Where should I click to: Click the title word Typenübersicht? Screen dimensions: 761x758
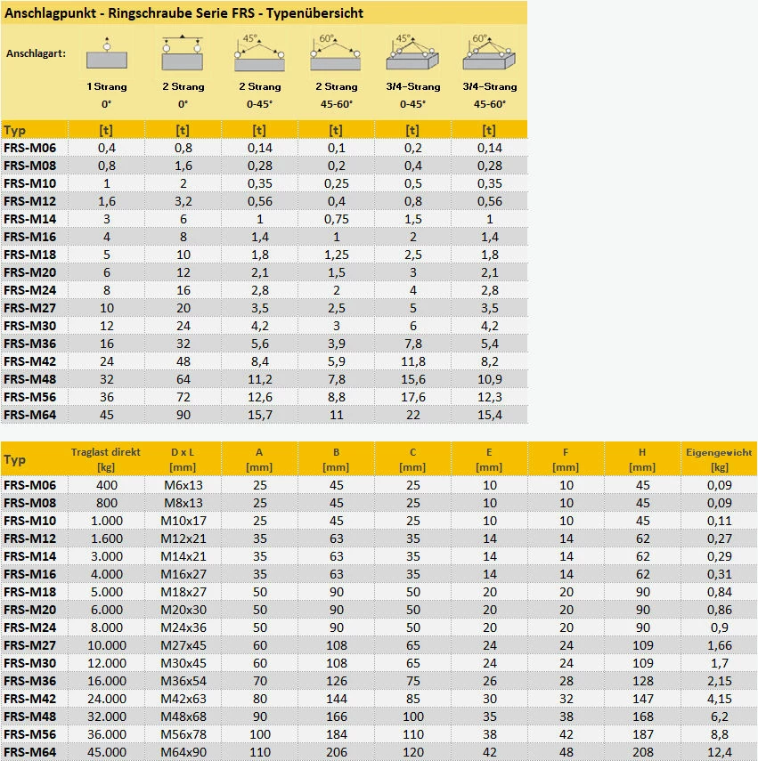[315, 13]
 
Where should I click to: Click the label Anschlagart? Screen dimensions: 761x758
[36, 54]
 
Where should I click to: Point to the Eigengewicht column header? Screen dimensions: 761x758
[719, 458]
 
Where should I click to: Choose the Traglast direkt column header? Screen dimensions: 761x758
[106, 458]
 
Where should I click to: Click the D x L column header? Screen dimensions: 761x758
[183, 458]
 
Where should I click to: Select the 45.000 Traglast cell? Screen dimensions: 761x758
[106, 753]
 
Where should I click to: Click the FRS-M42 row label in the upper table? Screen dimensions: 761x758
[29, 360]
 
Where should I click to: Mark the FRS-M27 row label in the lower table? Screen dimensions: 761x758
[29, 645]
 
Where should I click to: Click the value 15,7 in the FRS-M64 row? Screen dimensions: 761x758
[260, 414]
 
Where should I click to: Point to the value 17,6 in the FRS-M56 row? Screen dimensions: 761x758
[412, 396]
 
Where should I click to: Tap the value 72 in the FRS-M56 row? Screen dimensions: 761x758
[183, 396]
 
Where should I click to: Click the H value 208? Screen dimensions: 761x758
[641, 753]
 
